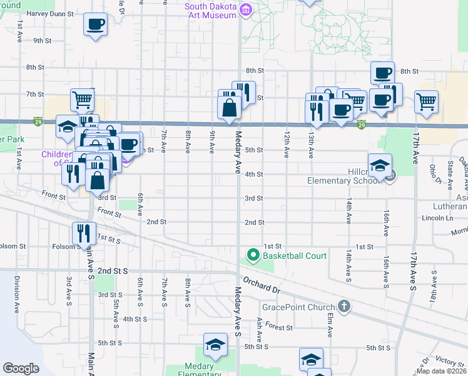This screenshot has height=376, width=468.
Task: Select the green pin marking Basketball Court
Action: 253,256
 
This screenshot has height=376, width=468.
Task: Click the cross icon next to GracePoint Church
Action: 343,306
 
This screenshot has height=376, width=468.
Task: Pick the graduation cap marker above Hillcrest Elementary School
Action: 380,165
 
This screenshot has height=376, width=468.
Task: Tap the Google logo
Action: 21,368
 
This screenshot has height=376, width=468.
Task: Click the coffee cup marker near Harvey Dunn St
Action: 95,25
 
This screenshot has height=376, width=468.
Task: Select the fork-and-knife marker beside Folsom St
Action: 84,234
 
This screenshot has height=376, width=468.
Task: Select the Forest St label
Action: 278,327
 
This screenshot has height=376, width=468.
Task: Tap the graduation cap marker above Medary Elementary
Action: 215,345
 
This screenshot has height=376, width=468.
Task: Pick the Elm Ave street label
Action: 328,321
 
